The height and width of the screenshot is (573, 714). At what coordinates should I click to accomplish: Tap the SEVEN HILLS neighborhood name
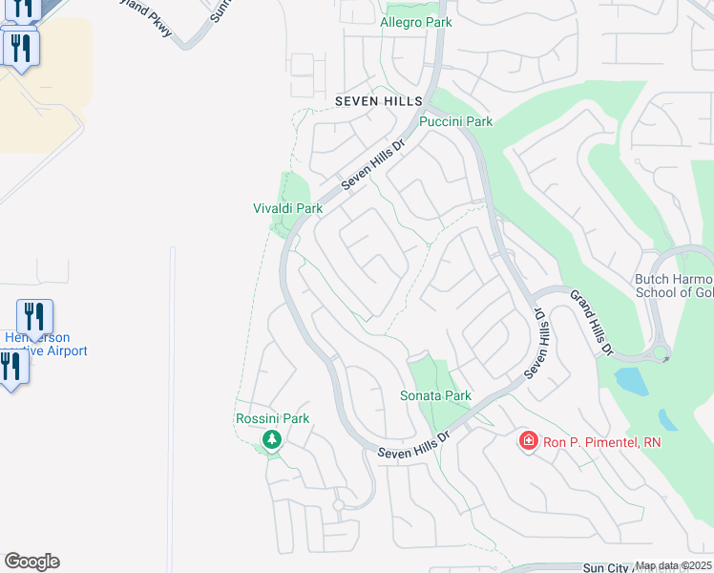(x=370, y=100)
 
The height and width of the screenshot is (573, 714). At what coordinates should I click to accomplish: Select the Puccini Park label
(x=455, y=121)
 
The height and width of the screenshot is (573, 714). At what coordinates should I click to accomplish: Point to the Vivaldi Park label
(x=287, y=208)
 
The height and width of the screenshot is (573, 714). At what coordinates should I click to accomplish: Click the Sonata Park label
(x=435, y=395)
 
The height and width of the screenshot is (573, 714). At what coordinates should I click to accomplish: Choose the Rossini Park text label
(x=272, y=418)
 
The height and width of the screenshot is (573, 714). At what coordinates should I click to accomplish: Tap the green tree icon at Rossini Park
(x=272, y=440)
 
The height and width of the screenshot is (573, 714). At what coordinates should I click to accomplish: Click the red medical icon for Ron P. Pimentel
(x=528, y=441)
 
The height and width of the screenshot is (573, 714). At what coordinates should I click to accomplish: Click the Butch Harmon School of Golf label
(x=674, y=286)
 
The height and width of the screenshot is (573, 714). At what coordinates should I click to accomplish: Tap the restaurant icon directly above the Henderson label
(x=34, y=315)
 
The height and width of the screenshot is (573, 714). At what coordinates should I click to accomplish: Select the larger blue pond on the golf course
(x=631, y=381)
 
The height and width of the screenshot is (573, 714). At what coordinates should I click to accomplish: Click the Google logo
(x=31, y=562)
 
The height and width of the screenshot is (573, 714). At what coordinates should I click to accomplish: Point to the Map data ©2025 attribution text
(x=673, y=566)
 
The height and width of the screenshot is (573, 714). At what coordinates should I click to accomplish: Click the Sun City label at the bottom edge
(x=605, y=567)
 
